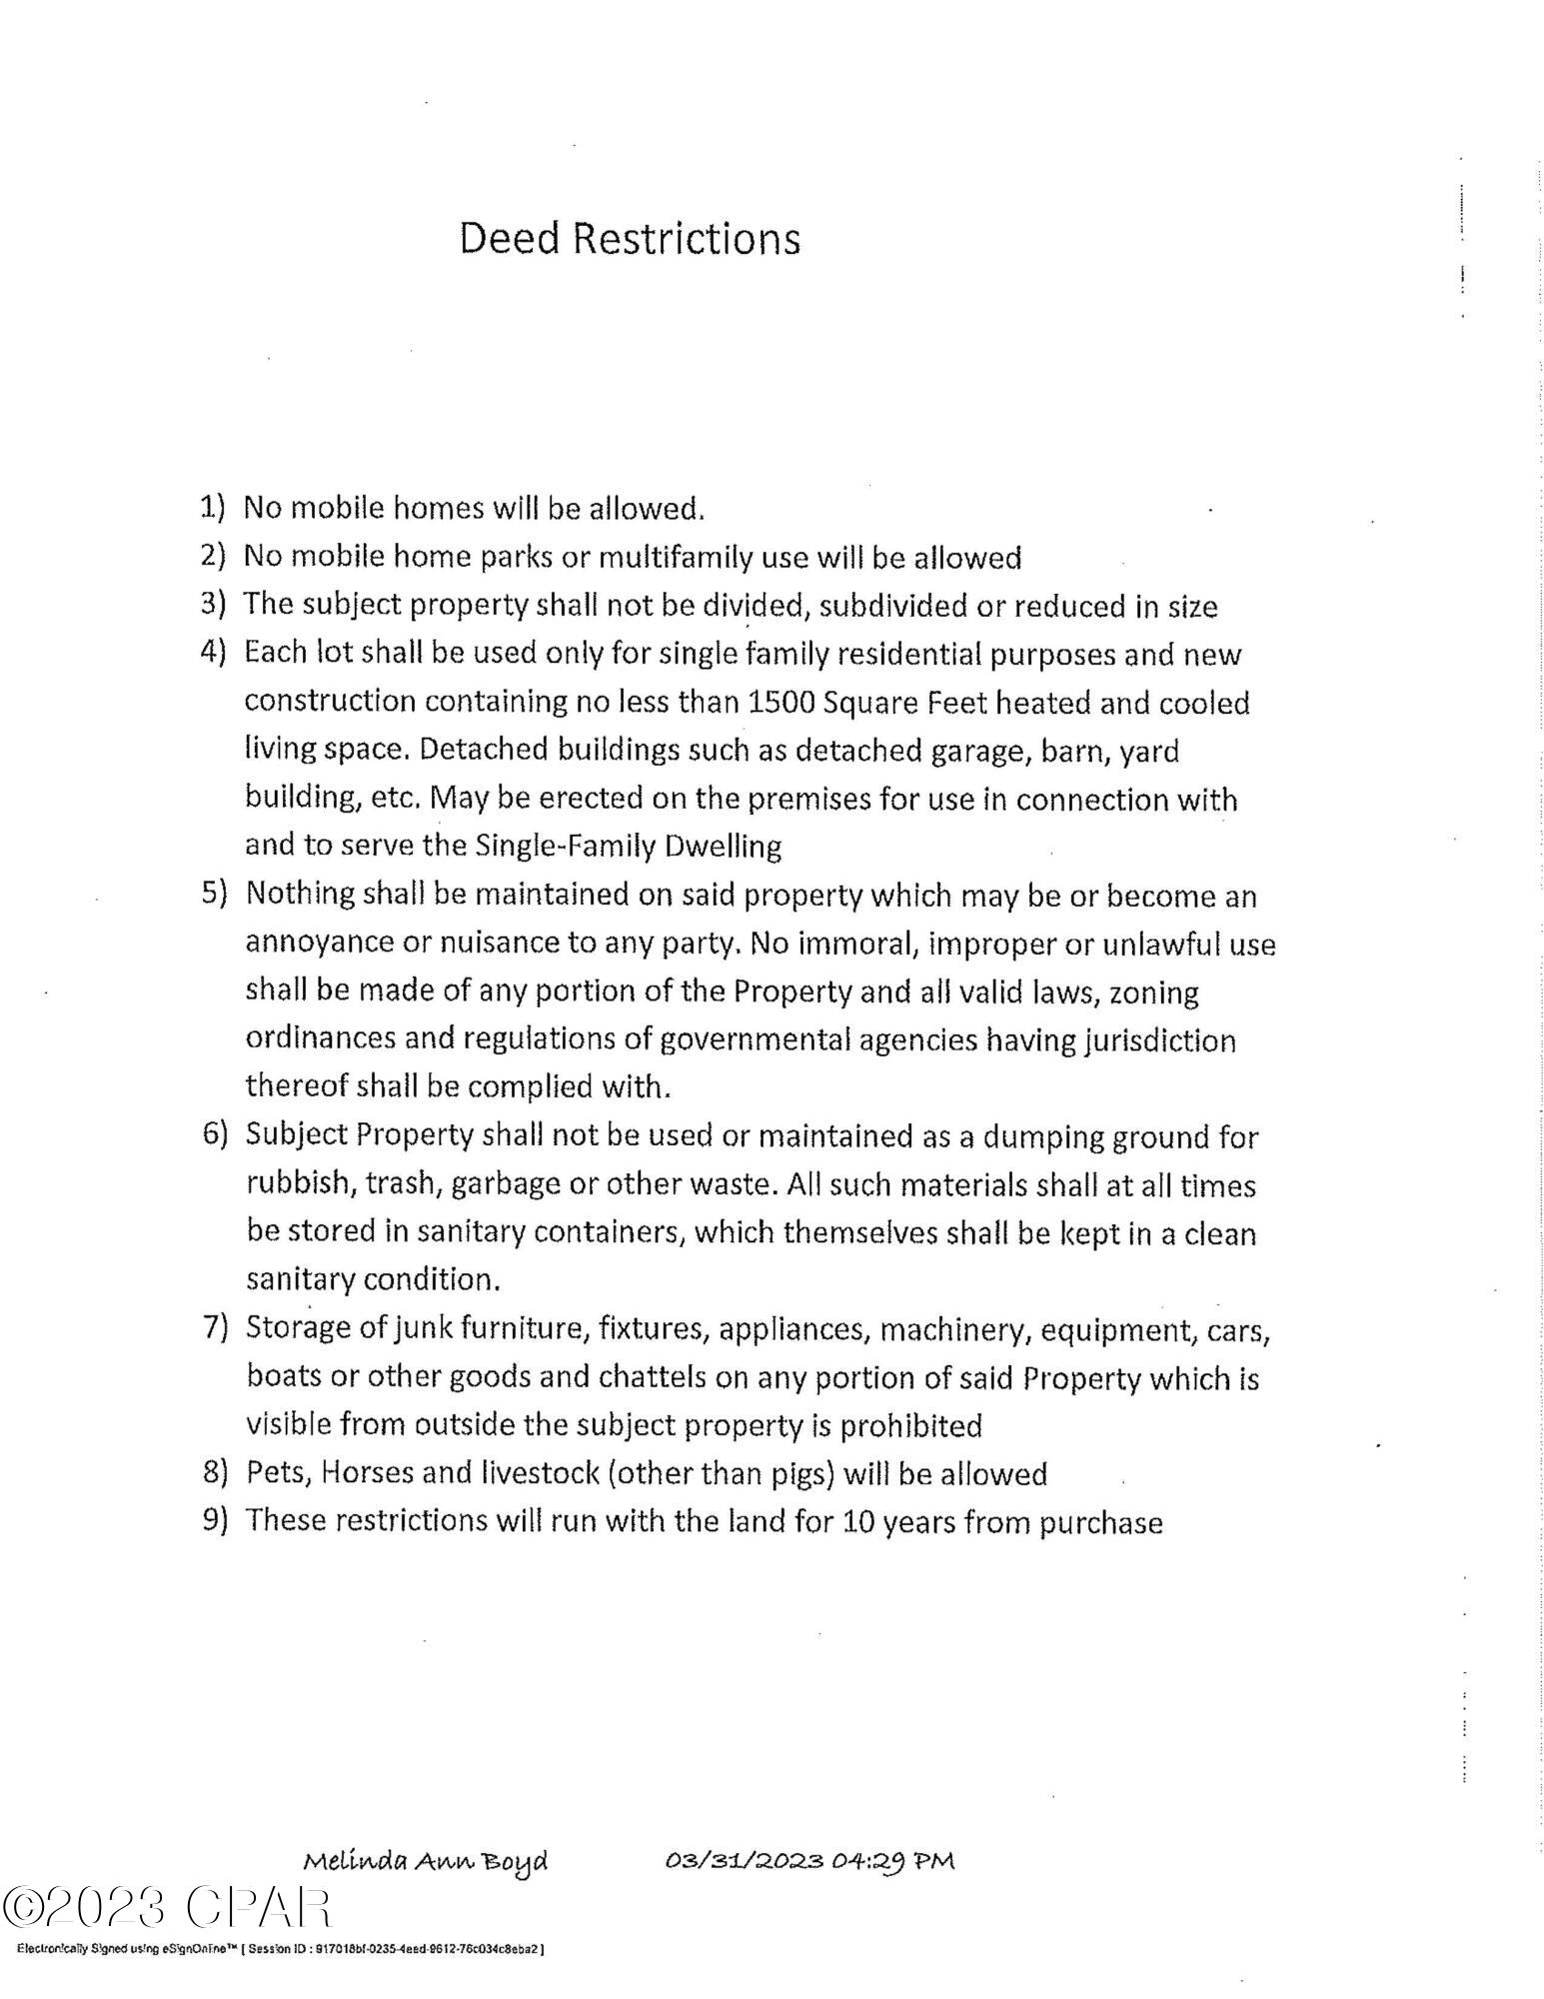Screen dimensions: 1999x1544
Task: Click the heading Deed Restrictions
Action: pyautogui.click(x=630, y=239)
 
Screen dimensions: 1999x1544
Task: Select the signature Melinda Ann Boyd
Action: pyautogui.click(x=426, y=1861)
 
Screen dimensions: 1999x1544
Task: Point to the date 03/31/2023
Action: pyautogui.click(x=744, y=1860)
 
